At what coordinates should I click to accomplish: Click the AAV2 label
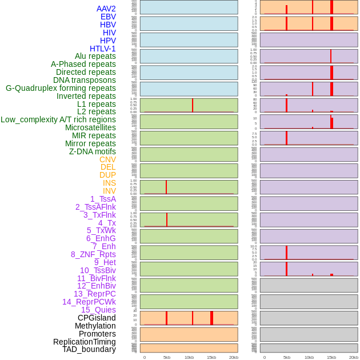pyautogui.click(x=106, y=9)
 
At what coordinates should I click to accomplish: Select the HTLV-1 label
pyautogui.click(x=102, y=49)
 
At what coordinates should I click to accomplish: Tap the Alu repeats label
pyautogui.click(x=95, y=56)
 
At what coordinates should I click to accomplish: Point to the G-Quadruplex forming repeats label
pyautogui.click(x=61, y=88)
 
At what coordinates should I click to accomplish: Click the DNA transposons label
pyautogui.click(x=85, y=80)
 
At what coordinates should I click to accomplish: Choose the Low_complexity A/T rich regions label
pyautogui.click(x=58, y=119)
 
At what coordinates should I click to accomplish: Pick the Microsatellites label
pyautogui.click(x=90, y=127)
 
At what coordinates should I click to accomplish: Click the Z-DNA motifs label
pyautogui.click(x=93, y=151)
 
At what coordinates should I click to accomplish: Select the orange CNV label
pyautogui.click(x=107, y=159)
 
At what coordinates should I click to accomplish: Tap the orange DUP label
pyautogui.click(x=107, y=175)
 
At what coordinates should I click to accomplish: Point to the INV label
pyautogui.click(x=109, y=191)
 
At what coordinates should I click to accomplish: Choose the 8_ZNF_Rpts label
pyautogui.click(x=93, y=254)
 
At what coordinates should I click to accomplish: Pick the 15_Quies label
pyautogui.click(x=98, y=310)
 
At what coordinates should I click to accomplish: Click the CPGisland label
pyautogui.click(x=97, y=318)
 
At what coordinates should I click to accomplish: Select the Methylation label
pyautogui.click(x=95, y=326)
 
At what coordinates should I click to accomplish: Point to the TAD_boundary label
pyautogui.click(x=89, y=349)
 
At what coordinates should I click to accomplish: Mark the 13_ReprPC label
pyautogui.click(x=94, y=294)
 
